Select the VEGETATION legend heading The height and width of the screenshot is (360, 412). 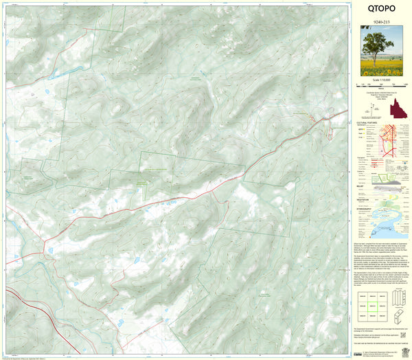[367, 199]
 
